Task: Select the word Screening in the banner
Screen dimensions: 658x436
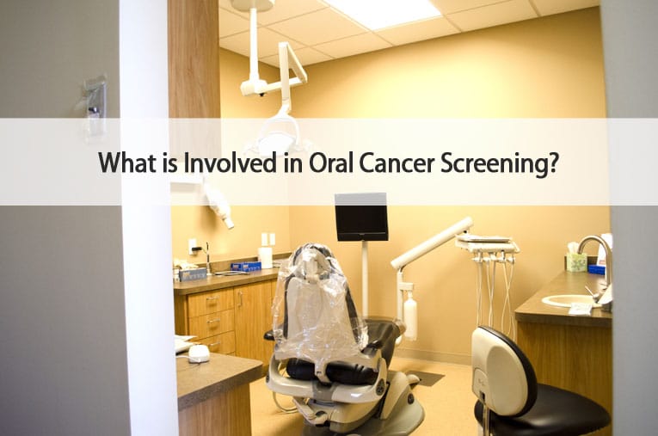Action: [x=499, y=164]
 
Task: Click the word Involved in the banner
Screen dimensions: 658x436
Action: [x=231, y=163]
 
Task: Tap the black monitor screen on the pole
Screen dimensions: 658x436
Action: [x=361, y=217]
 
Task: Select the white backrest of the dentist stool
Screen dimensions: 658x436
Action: [x=502, y=369]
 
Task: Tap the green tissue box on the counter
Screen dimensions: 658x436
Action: [x=576, y=261]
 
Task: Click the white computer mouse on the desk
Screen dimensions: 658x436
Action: [x=199, y=353]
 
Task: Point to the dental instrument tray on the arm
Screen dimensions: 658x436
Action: [x=487, y=244]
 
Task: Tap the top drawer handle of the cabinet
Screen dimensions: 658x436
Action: [x=212, y=299]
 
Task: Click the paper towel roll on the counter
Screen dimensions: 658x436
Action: [x=265, y=258]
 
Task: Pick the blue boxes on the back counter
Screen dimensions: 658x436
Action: [x=246, y=267]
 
